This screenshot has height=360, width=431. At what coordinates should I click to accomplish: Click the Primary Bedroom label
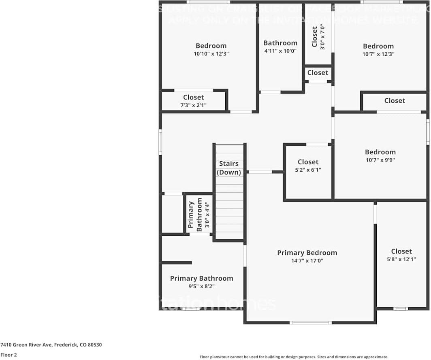(x=307, y=253)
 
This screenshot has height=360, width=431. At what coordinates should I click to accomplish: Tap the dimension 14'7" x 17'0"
(x=307, y=261)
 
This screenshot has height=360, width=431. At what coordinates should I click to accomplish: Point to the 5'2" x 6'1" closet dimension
(x=308, y=170)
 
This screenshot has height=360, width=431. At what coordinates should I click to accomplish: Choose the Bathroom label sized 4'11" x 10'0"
(x=280, y=43)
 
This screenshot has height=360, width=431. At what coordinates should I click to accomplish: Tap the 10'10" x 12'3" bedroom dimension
(x=211, y=53)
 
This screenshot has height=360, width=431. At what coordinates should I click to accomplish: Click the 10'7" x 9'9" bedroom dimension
(x=380, y=160)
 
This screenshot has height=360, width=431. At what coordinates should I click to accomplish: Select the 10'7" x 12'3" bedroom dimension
(x=378, y=54)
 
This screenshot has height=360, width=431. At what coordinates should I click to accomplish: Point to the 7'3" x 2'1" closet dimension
(x=193, y=105)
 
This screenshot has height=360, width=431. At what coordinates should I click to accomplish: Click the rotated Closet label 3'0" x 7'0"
(x=315, y=37)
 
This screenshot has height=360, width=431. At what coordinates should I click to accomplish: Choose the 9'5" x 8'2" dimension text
(x=201, y=286)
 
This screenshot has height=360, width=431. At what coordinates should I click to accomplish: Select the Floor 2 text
(x=9, y=355)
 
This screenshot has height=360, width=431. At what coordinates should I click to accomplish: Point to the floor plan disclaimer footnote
(x=294, y=357)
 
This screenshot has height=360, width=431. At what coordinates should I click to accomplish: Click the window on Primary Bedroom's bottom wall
(x=311, y=323)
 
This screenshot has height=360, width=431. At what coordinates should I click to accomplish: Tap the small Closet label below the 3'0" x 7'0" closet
(x=318, y=73)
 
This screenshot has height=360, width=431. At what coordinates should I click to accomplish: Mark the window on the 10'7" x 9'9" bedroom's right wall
(x=428, y=132)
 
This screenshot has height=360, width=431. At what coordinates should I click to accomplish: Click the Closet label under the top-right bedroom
(x=395, y=100)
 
